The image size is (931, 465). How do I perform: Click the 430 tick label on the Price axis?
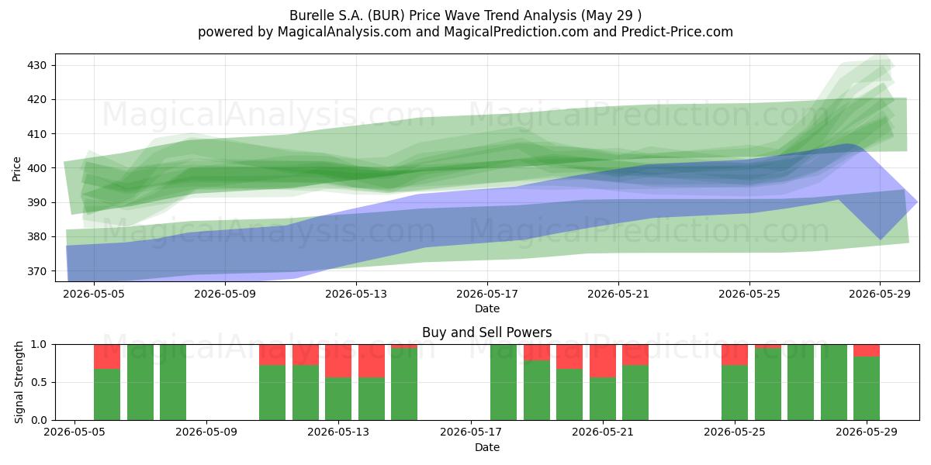pyautogui.click(x=36, y=66)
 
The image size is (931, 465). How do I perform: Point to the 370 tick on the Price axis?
pyautogui.click(x=36, y=271)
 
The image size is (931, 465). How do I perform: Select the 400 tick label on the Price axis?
pyautogui.click(x=36, y=169)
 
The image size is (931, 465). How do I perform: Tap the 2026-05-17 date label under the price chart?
pyautogui.click(x=487, y=294)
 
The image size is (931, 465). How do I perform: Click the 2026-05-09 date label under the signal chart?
pyautogui.click(x=206, y=432)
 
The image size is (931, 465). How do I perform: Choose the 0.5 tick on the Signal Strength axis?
pyautogui.click(x=39, y=382)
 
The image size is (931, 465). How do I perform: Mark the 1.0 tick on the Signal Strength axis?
pyautogui.click(x=39, y=345)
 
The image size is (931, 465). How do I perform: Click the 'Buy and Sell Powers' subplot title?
pyautogui.click(x=487, y=332)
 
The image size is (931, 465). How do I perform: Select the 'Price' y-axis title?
pyautogui.click(x=16, y=169)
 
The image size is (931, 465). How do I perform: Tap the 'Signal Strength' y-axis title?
pyautogui.click(x=19, y=382)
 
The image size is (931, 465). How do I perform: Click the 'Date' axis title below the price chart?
pyautogui.click(x=487, y=309)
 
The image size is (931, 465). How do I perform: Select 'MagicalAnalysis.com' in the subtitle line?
pyautogui.click(x=344, y=32)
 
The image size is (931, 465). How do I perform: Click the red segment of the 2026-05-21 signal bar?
pyautogui.click(x=603, y=361)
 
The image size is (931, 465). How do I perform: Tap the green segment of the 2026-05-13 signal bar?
pyautogui.click(x=338, y=399)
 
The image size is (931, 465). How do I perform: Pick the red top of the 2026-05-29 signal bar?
pyautogui.click(x=867, y=350)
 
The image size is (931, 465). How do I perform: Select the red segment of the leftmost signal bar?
pyautogui.click(x=107, y=356)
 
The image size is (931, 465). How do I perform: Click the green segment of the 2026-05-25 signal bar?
pyautogui.click(x=735, y=393)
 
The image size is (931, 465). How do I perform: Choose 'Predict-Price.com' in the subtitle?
pyautogui.click(x=677, y=32)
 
